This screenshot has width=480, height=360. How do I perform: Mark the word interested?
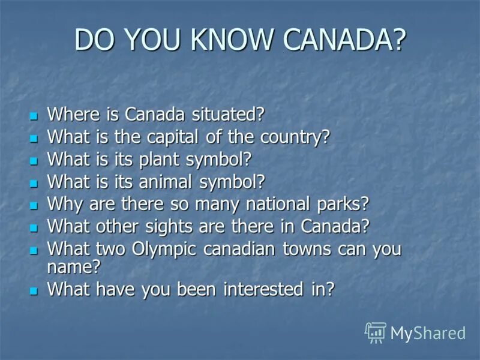(x=265, y=289)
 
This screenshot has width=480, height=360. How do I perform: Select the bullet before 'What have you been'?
(x=34, y=290)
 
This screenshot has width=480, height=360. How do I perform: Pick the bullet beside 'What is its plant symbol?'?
(x=34, y=160)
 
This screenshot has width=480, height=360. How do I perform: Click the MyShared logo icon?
(x=375, y=332)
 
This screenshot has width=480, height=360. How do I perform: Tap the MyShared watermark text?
(x=428, y=333)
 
